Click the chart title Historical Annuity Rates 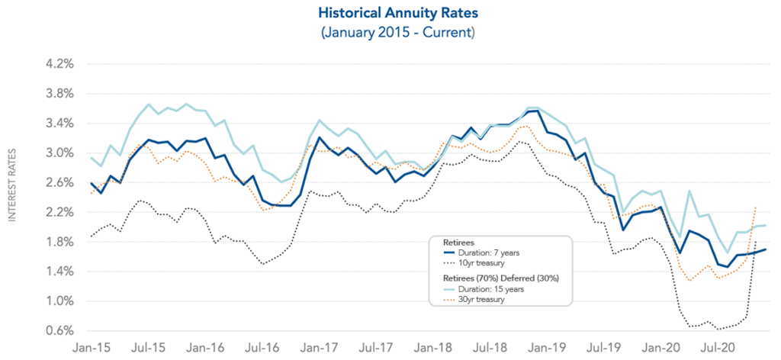(x=390, y=13)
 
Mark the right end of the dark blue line (x=766, y=249)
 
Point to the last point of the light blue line (x=766, y=225)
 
